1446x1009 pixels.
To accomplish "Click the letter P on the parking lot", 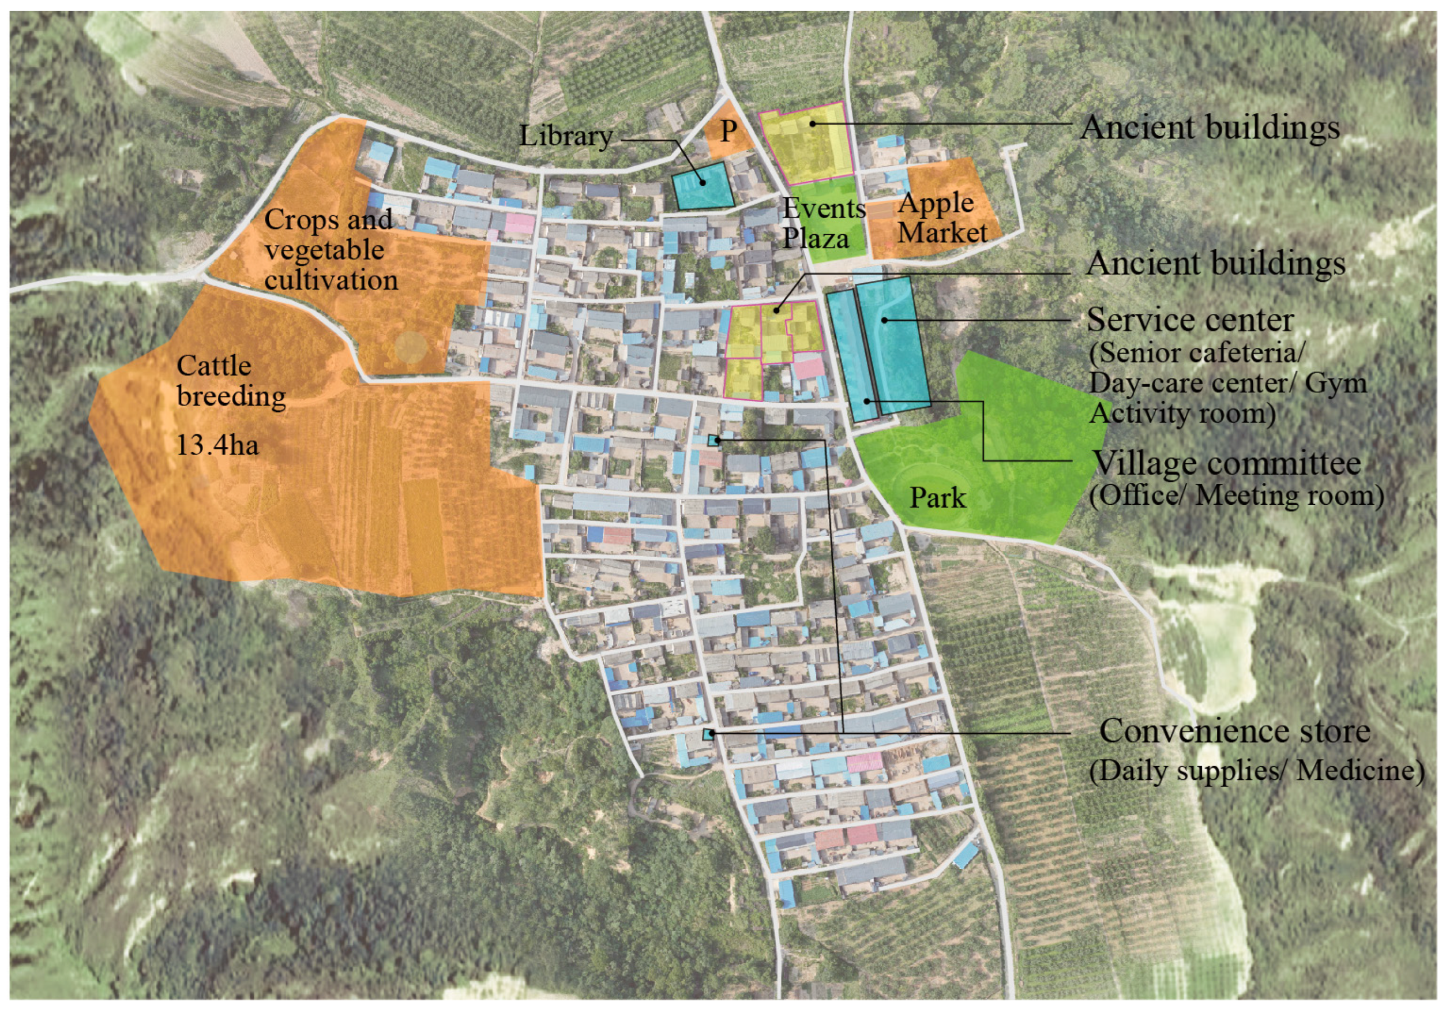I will [728, 131].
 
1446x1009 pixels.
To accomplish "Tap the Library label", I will [565, 136].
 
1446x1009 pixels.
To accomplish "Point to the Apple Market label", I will [941, 218].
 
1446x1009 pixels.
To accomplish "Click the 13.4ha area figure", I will [217, 446].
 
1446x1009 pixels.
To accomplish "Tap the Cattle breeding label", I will [231, 381].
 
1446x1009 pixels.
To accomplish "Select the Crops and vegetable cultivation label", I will [329, 249].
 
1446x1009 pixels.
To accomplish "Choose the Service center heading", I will [1190, 320].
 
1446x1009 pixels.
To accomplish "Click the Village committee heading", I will [1226, 463].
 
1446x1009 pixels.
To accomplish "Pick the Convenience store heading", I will [1234, 732].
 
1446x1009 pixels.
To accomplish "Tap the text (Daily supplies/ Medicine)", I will [1256, 770].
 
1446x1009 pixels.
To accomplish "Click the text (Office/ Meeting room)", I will [1236, 496].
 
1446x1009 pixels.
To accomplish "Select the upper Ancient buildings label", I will [1209, 128].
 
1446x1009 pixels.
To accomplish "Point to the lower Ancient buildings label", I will [1215, 263].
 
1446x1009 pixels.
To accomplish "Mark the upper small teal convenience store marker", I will [713, 440].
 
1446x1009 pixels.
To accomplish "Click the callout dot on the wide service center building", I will [885, 320].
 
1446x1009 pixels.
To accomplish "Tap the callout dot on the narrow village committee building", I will [867, 400].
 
